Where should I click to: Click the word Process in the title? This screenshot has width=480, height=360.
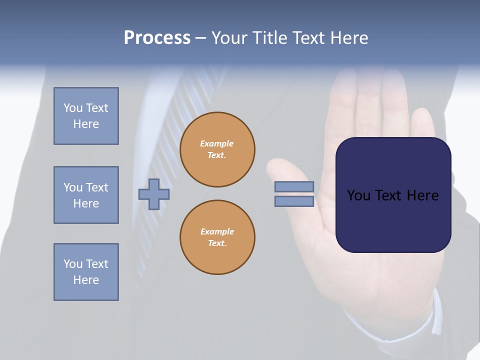(x=157, y=38)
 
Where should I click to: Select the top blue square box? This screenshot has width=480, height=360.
(x=86, y=116)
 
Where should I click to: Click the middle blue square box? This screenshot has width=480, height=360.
(x=86, y=195)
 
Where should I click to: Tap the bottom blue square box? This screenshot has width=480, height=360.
(x=86, y=272)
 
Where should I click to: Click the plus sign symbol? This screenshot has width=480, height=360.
(x=154, y=194)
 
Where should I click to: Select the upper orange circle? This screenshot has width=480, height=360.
(x=217, y=149)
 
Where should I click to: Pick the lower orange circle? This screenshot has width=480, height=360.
(x=217, y=237)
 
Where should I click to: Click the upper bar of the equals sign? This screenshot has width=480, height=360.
(x=294, y=186)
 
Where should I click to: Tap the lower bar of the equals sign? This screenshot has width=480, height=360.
(x=294, y=201)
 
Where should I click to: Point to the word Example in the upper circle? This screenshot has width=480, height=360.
(x=217, y=143)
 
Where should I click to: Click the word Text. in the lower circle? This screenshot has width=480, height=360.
(x=217, y=243)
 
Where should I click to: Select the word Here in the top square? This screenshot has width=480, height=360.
(x=86, y=124)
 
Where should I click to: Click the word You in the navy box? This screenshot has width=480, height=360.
(x=359, y=195)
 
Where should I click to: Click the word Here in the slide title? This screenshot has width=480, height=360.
(x=347, y=38)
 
